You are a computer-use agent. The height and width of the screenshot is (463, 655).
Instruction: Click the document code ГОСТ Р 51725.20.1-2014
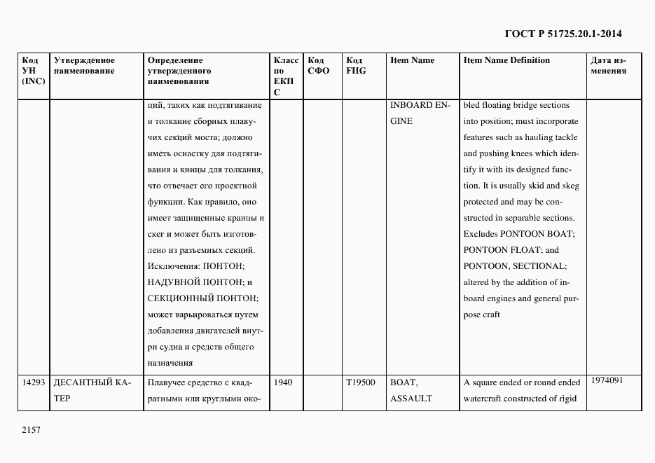pos(563,34)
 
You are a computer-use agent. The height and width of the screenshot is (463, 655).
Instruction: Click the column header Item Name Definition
pos(506,60)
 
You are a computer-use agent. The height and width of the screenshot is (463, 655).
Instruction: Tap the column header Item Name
pos(412,60)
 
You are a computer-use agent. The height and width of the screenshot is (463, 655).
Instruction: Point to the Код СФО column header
pos(318,65)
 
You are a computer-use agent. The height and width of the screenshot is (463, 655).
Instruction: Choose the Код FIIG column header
pos(356,65)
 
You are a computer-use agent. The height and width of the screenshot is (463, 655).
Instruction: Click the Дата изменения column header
pos(609,65)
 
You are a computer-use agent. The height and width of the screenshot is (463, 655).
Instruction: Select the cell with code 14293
pos(34,383)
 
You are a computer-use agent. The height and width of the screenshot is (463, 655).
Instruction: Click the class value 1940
pos(284,383)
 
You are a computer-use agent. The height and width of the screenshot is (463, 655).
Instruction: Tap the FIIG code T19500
pos(361,383)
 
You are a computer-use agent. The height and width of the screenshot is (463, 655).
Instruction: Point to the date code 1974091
pos(607,380)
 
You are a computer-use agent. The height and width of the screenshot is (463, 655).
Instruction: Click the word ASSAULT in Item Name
pos(411,399)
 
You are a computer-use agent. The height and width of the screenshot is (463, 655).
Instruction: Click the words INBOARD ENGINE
pos(419,113)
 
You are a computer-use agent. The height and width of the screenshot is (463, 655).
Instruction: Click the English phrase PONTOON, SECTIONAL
pos(514,266)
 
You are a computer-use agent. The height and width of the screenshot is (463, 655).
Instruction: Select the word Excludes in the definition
pos(480,234)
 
